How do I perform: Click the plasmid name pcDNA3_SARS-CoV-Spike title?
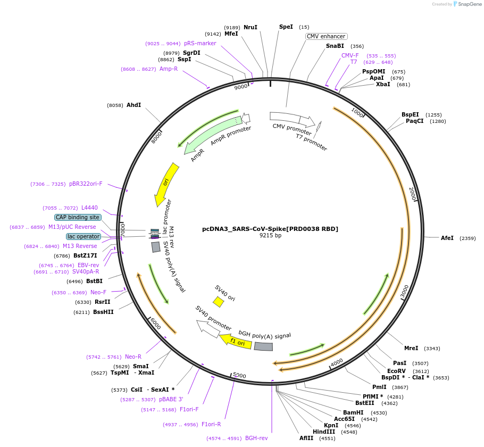tap(270, 229)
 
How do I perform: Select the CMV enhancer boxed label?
tap(326, 36)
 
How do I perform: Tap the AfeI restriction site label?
tap(447, 238)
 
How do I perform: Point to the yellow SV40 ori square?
tap(218, 302)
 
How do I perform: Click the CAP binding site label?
tap(78, 217)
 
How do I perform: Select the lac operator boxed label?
tap(83, 236)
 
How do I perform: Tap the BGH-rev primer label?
tap(256, 438)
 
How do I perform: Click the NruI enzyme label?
tap(251, 27)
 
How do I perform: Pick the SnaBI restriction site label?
tap(335, 46)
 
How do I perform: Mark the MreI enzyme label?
tap(411, 348)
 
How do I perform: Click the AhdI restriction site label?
tap(133, 105)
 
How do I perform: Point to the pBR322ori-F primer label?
tap(86, 184)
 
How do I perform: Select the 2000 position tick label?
tap(412, 194)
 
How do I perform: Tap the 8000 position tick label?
tap(156, 137)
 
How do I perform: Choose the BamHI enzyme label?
tap(353, 412)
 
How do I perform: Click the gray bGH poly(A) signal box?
tap(263, 346)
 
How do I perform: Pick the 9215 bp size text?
tap(270, 235)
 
